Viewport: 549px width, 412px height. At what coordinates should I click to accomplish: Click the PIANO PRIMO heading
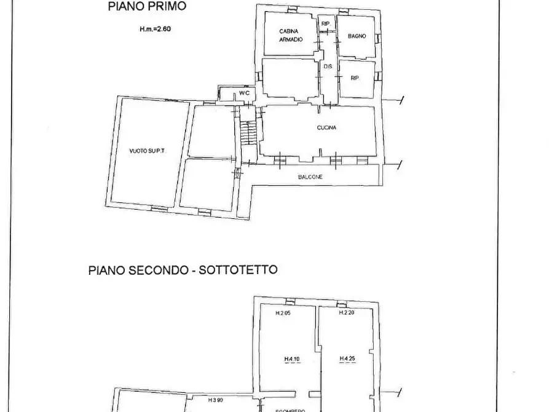pyautogui.click(x=146, y=7)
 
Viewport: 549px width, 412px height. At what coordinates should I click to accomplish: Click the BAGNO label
pyautogui.click(x=357, y=36)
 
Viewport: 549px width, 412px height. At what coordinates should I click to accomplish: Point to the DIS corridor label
pyautogui.click(x=328, y=66)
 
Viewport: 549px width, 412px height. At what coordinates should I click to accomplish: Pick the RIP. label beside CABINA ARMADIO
pyautogui.click(x=325, y=24)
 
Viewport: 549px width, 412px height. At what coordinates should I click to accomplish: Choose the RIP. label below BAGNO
pyautogui.click(x=355, y=78)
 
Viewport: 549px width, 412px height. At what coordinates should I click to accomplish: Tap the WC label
pyautogui.click(x=244, y=93)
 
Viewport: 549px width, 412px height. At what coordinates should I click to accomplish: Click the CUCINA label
pyautogui.click(x=326, y=128)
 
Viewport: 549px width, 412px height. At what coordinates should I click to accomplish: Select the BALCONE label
pyautogui.click(x=310, y=177)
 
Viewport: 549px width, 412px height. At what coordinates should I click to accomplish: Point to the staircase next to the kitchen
pyautogui.click(x=247, y=132)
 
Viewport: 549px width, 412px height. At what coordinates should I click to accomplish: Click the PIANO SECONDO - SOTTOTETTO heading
pyautogui.click(x=183, y=269)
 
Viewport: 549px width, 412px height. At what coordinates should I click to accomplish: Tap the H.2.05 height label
pyautogui.click(x=283, y=313)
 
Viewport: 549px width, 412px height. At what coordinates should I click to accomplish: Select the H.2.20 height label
pyautogui.click(x=347, y=312)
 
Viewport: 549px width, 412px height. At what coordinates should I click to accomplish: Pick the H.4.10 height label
pyautogui.click(x=291, y=360)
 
